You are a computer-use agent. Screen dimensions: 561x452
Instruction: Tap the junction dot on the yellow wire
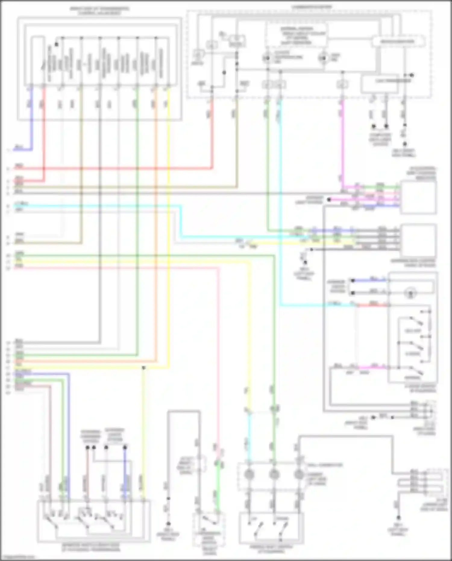click(144, 368)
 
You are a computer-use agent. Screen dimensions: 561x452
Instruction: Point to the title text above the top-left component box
click(99, 11)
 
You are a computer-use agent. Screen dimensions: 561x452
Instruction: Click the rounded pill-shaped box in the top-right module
click(398, 42)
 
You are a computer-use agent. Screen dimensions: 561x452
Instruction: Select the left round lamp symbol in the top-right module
click(267, 57)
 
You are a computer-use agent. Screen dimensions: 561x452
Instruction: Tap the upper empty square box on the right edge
click(418, 197)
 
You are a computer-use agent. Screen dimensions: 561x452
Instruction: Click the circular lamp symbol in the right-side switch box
click(410, 292)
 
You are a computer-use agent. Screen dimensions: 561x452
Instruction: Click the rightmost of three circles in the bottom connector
click(299, 474)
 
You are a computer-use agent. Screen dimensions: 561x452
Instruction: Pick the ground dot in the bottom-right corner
click(398, 518)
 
